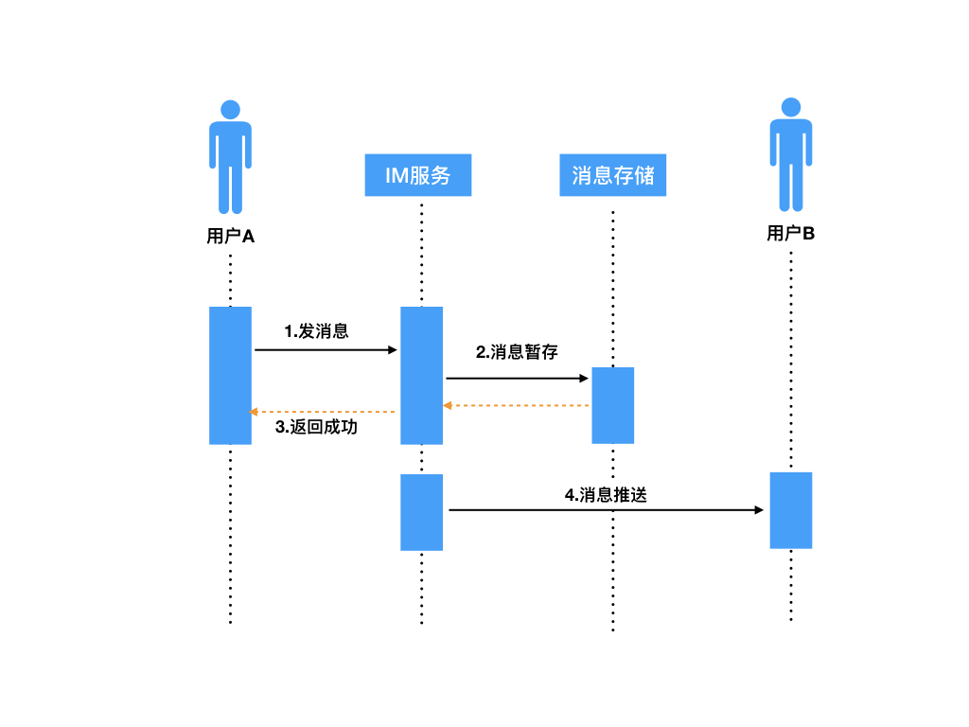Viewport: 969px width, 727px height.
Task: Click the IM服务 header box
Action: tap(417, 175)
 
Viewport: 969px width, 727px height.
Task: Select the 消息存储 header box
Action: tap(612, 175)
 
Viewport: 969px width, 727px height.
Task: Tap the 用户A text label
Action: tap(230, 237)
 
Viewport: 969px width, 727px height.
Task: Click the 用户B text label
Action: tap(790, 233)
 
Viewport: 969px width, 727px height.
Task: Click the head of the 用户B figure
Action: tap(790, 107)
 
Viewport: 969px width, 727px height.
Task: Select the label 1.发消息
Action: tap(317, 331)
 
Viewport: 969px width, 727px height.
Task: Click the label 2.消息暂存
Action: tap(517, 352)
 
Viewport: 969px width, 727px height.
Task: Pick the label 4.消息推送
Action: tap(606, 494)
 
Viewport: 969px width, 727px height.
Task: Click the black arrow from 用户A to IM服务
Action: tap(326, 350)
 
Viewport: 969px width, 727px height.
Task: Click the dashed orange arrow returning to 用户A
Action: tap(322, 412)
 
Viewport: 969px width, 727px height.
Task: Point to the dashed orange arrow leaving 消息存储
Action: tap(518, 405)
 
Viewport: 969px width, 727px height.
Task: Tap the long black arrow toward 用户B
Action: tap(606, 510)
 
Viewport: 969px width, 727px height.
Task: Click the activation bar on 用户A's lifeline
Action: tap(230, 375)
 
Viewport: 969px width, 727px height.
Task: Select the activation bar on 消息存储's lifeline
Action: tap(612, 405)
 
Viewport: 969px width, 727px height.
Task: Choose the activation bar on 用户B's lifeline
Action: tap(790, 510)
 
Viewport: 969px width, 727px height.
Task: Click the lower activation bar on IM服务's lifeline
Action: tap(421, 512)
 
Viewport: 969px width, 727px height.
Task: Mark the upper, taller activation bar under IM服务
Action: tap(421, 375)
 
